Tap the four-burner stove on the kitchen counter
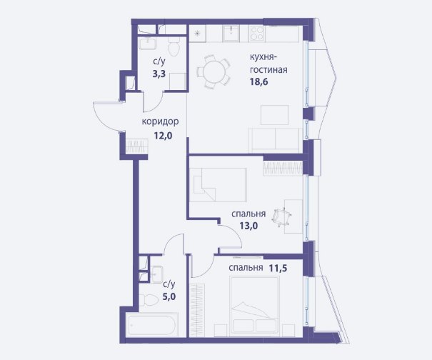click(257, 34)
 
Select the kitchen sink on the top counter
click(231, 34)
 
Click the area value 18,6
click(259, 82)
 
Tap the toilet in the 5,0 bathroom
click(148, 299)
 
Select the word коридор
click(160, 121)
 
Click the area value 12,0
click(163, 136)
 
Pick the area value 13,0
click(248, 226)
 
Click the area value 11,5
click(278, 268)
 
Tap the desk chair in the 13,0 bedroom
click(281, 217)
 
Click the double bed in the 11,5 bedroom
click(254, 306)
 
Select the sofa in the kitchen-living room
click(274, 141)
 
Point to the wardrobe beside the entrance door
click(137, 146)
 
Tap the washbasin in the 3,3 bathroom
click(148, 44)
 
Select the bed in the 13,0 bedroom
click(218, 185)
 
